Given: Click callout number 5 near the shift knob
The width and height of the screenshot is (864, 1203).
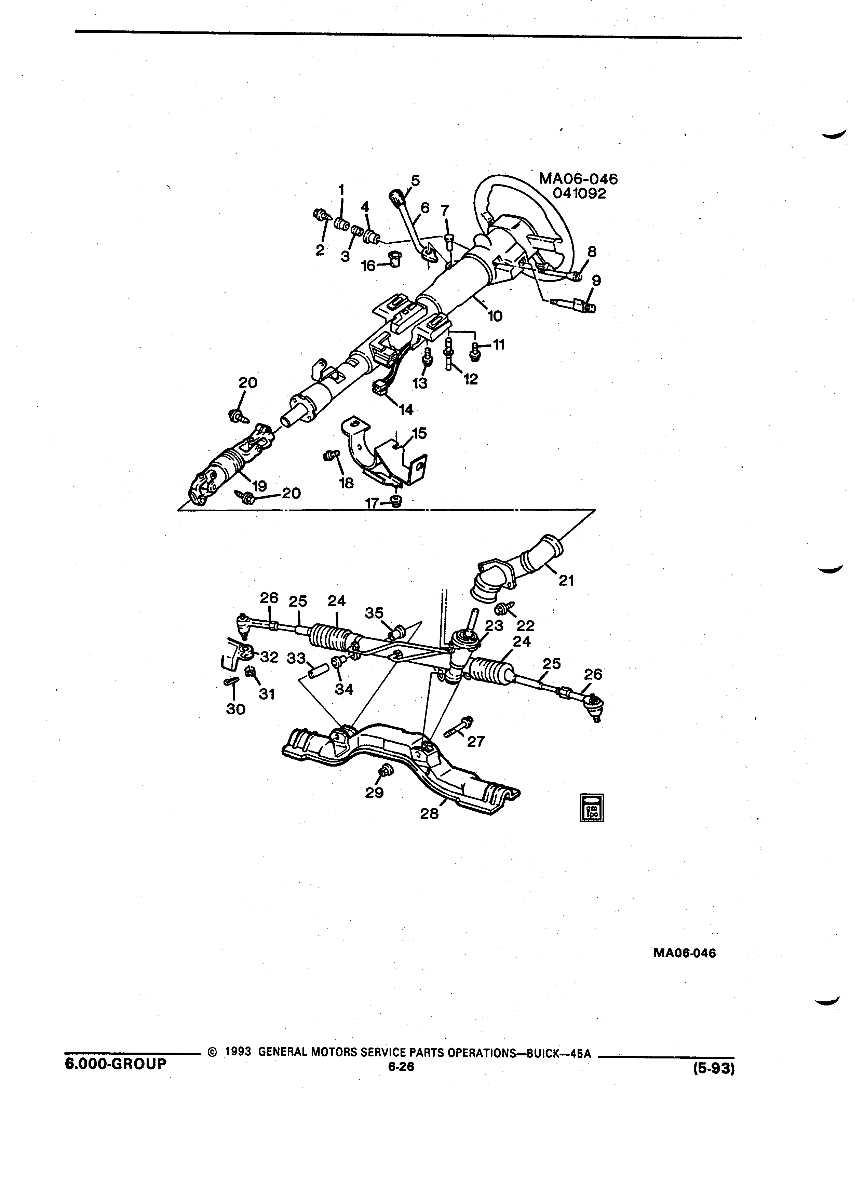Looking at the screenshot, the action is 415,181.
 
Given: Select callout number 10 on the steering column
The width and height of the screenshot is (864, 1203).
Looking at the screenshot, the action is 495,316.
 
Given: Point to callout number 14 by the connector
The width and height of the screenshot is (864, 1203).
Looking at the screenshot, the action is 406,409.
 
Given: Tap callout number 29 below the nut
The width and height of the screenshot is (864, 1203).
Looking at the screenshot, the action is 375,793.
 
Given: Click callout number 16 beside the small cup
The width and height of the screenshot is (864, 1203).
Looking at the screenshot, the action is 368,266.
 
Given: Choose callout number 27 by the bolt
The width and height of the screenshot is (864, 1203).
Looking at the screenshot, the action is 476,741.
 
